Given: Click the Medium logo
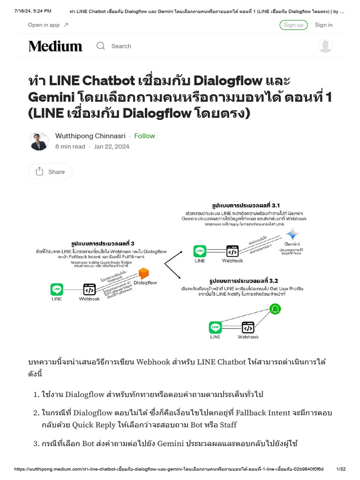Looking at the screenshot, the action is (x=55, y=46).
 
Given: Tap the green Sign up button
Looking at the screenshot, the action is (x=293, y=25).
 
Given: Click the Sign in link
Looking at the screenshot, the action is (x=323, y=25).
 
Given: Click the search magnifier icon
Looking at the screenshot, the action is (x=101, y=46).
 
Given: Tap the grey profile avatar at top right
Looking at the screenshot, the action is (x=325, y=46).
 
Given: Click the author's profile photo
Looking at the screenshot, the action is (x=38, y=141).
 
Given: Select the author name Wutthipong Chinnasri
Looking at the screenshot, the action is (x=90, y=136).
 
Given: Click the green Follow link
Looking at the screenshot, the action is (x=144, y=136).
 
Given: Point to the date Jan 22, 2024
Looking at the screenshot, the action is (x=112, y=146).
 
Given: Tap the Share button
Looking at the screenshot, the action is (x=50, y=172).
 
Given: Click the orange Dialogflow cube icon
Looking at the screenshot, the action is (x=143, y=273).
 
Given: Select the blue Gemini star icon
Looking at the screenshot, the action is (x=293, y=234).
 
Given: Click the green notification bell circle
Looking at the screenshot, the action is (x=275, y=308).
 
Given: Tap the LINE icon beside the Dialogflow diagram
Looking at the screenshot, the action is (x=57, y=289).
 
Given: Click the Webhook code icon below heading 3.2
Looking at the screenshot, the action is (x=247, y=327).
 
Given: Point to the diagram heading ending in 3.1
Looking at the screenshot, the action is (x=246, y=205).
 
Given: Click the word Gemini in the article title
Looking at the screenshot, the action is (x=52, y=97).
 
